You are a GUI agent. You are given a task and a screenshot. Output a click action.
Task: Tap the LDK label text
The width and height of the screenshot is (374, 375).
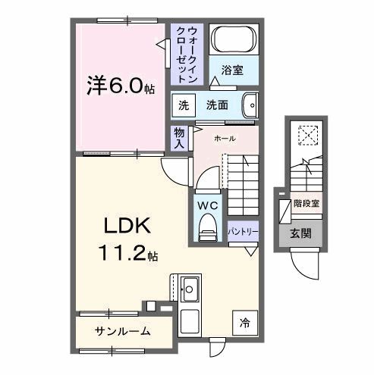(x=126, y=225)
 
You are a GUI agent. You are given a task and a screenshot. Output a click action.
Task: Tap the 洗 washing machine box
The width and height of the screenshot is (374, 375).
(x=184, y=105)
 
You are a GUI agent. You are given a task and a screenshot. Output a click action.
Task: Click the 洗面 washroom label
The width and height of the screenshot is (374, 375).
(x=218, y=105)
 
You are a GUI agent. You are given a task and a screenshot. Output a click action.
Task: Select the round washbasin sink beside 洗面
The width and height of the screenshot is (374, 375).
(x=250, y=105)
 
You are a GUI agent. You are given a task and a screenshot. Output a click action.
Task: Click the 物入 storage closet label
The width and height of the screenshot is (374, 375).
(x=180, y=137)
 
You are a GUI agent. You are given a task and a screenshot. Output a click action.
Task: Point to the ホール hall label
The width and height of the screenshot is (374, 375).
(x=225, y=139)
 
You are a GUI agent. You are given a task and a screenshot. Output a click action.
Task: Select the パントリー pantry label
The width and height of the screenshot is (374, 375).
(x=243, y=230)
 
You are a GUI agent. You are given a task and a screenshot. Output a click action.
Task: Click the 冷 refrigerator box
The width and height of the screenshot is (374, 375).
(x=245, y=321)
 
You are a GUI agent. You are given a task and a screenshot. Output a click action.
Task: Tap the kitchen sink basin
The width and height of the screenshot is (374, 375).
(x=190, y=289)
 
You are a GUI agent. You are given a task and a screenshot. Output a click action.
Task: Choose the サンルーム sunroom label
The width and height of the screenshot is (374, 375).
(x=122, y=331)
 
